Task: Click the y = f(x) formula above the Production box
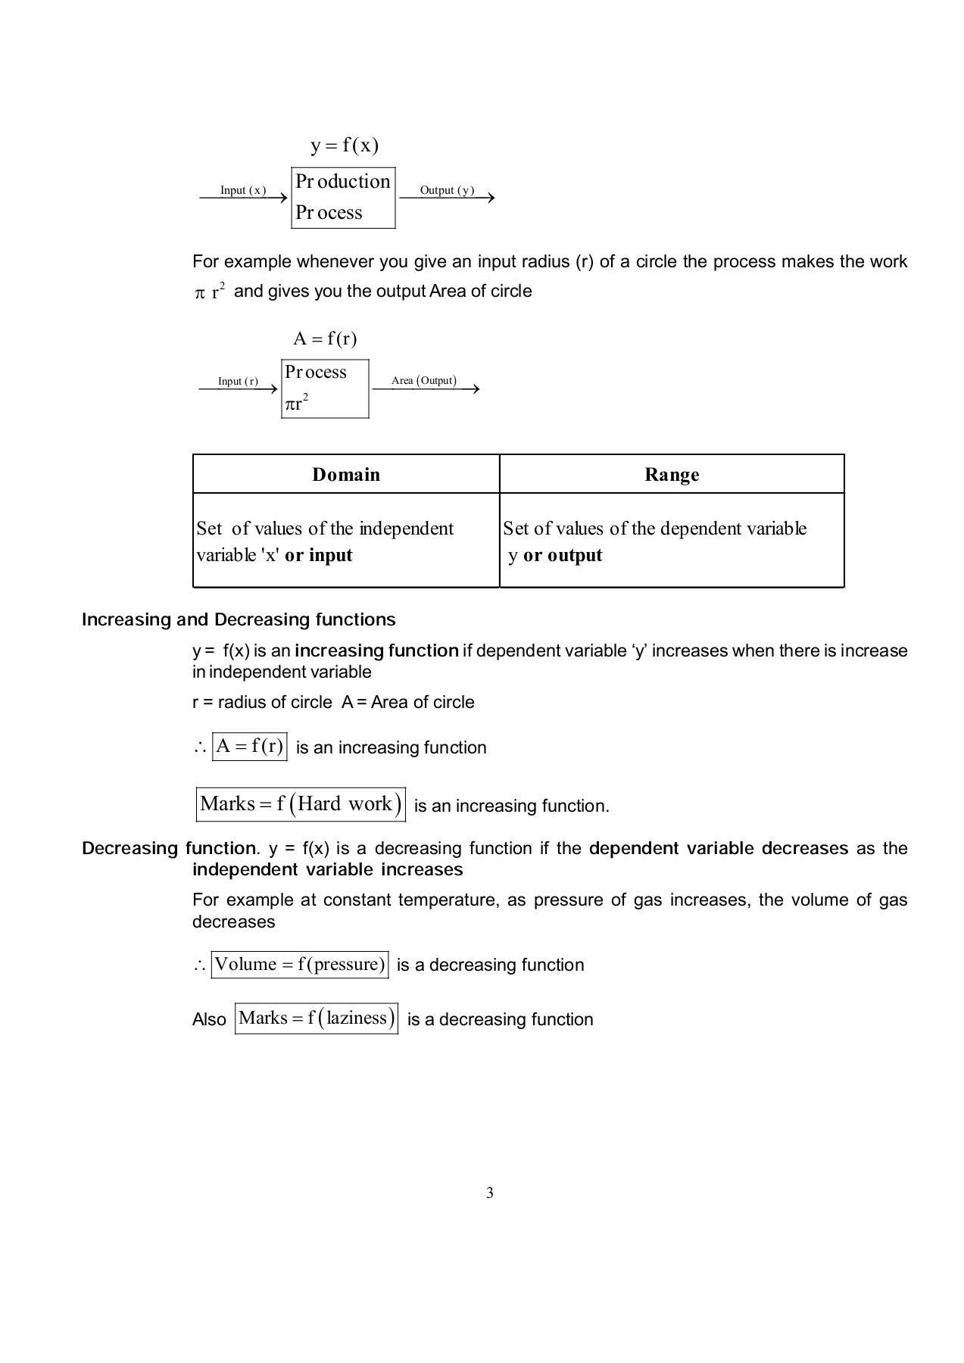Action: click(x=344, y=145)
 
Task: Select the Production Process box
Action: click(x=343, y=198)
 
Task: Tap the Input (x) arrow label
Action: click(x=243, y=190)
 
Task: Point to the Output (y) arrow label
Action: click(x=447, y=190)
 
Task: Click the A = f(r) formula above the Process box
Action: click(x=325, y=338)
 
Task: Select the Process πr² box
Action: click(x=325, y=388)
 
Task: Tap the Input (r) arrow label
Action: click(x=238, y=381)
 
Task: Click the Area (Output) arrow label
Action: click(x=424, y=380)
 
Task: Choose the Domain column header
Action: click(x=346, y=475)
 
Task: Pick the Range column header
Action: click(x=672, y=475)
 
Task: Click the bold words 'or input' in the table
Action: click(x=319, y=555)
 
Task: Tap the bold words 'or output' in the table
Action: click(x=563, y=555)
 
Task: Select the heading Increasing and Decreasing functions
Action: click(x=239, y=619)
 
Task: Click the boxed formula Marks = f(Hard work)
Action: click(x=301, y=804)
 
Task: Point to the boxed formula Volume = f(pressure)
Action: click(x=300, y=964)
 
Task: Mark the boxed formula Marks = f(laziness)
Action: click(x=317, y=1018)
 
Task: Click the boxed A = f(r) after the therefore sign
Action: click(x=249, y=747)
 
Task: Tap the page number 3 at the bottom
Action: click(x=489, y=1193)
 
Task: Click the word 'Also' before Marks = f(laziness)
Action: click(x=209, y=1019)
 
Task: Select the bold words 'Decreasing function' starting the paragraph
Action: click(x=169, y=848)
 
